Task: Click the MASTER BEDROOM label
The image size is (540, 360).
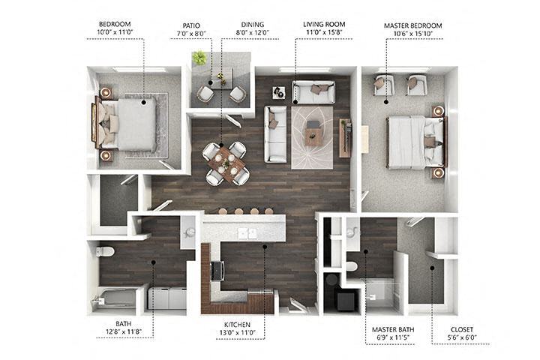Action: coord(413,25)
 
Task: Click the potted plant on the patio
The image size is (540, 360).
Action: coord(199,58)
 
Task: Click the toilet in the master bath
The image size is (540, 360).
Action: coord(351,265)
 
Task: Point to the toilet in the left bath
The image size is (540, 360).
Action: coord(105,251)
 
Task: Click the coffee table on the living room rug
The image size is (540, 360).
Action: coord(314,135)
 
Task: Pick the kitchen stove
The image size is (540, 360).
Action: coord(219,270)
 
